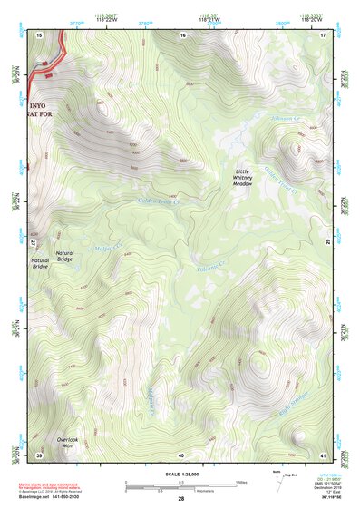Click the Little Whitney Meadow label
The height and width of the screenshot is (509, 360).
point(242,177)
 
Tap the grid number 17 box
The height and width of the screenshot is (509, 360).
point(324,34)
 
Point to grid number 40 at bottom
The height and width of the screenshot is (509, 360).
point(181,455)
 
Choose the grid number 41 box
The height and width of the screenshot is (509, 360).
point(324,455)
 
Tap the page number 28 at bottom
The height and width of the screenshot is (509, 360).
point(181,499)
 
